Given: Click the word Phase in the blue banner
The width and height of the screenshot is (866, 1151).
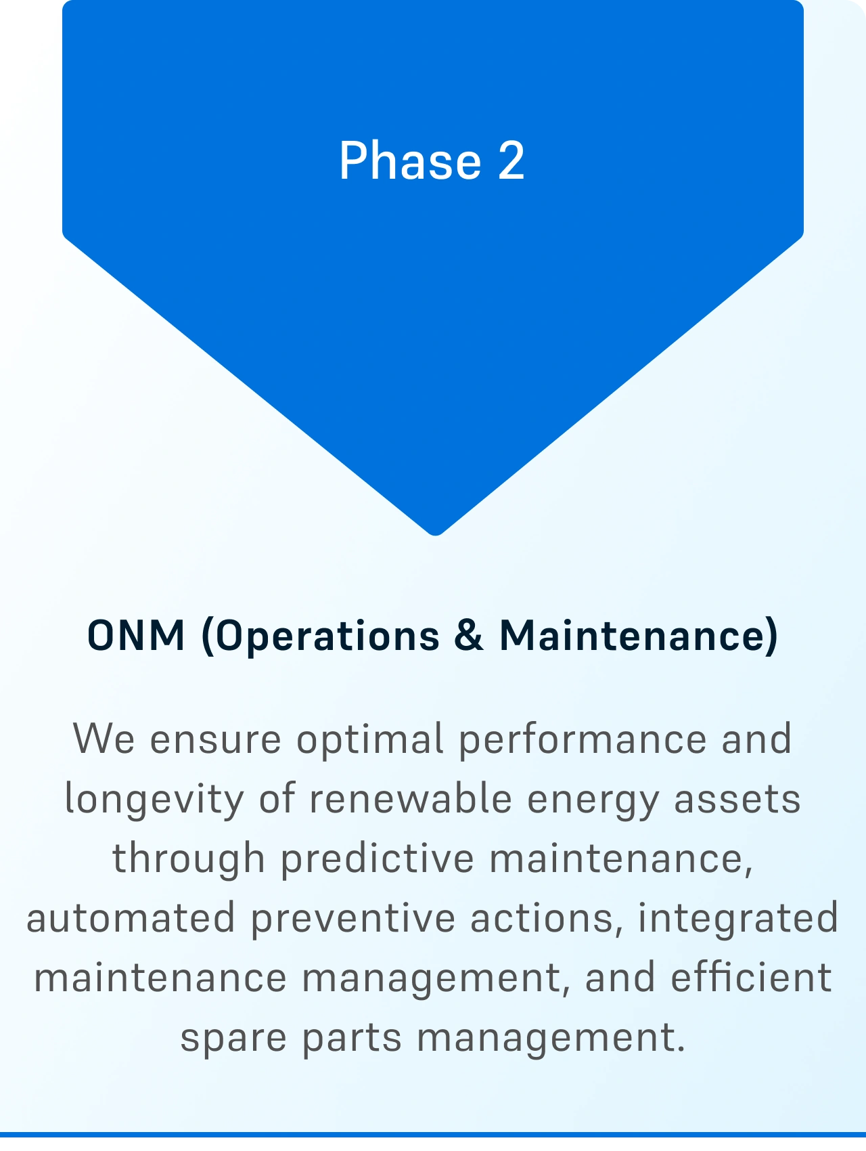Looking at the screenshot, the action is [x=410, y=160].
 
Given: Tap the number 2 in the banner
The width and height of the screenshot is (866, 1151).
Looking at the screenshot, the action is [x=511, y=160].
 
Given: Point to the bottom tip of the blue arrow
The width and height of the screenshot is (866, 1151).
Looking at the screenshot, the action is [x=436, y=535].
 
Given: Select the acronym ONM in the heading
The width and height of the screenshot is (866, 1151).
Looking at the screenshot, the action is [x=136, y=636].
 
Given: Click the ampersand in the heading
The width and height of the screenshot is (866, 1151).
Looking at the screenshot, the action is [x=470, y=636].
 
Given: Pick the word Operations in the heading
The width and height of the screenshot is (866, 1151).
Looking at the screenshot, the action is [x=321, y=637].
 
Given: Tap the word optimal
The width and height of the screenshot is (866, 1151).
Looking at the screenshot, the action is [x=370, y=739].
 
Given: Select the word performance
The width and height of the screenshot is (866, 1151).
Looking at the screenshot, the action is [x=583, y=739].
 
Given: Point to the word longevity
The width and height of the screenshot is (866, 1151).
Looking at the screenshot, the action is [x=154, y=800].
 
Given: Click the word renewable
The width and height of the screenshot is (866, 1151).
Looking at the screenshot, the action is [x=411, y=798].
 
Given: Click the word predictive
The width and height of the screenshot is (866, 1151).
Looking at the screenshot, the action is [x=378, y=859].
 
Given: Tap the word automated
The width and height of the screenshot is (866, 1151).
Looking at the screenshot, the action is [x=131, y=919].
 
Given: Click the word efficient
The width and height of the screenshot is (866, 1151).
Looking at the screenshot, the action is [x=751, y=977].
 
